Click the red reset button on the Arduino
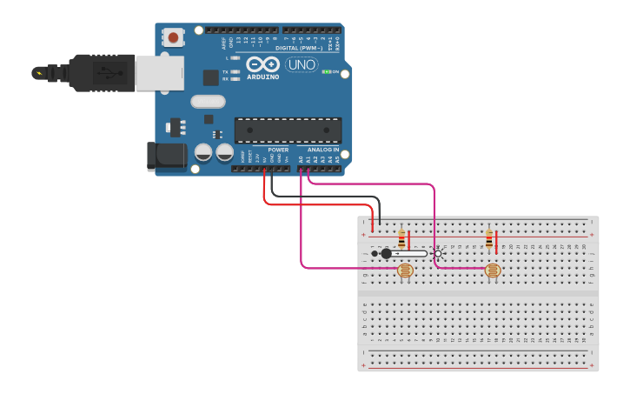pyautogui.click(x=174, y=37)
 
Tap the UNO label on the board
pyautogui.click(x=302, y=64)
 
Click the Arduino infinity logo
pyautogui.click(x=262, y=64)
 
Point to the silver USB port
pyautogui.click(x=158, y=73)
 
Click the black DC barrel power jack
pyautogui.click(x=167, y=156)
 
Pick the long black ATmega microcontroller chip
pyautogui.click(x=288, y=130)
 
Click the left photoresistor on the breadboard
pyautogui.click(x=405, y=271)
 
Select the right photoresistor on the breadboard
pyautogui.click(x=493, y=271)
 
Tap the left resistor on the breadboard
pyautogui.click(x=401, y=238)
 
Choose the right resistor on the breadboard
pyautogui.click(x=489, y=238)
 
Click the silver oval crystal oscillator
pyautogui.click(x=209, y=102)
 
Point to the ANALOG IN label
pyautogui.click(x=322, y=150)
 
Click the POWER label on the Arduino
pyautogui.click(x=278, y=150)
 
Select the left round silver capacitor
pyautogui.click(x=203, y=152)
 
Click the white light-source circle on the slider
pyautogui.click(x=438, y=253)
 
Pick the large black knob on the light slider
pyautogui.click(x=386, y=253)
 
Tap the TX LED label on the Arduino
pyautogui.click(x=226, y=71)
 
